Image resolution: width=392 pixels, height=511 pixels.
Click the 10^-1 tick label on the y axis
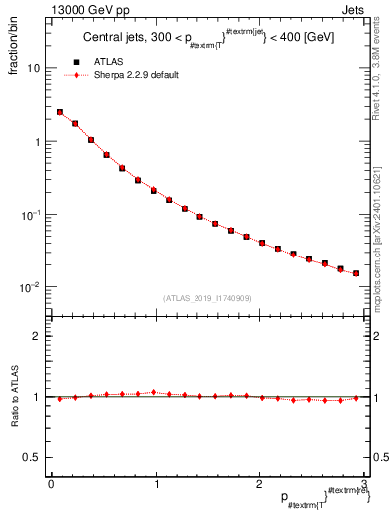click(32, 215)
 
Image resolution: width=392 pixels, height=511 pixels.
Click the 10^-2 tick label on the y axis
click(32, 287)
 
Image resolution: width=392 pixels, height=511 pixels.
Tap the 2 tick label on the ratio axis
click(37, 336)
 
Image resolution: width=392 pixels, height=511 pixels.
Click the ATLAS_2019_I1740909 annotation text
click(207, 298)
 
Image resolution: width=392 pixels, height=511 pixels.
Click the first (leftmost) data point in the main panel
click(60, 113)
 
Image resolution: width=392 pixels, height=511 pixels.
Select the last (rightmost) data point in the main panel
click(356, 273)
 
